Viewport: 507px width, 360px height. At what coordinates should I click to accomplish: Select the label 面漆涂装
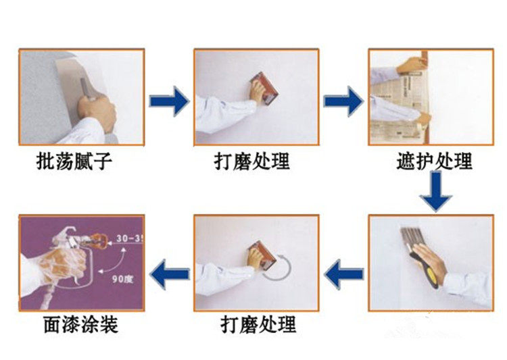[x=78, y=325]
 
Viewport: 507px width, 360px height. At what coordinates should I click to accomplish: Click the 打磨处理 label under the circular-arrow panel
[x=258, y=325]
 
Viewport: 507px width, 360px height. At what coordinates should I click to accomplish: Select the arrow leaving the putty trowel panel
[x=169, y=101]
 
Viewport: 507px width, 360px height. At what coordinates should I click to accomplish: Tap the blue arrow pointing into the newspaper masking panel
[x=343, y=101]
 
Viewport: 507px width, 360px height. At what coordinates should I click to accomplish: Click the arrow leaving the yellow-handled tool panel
[x=343, y=274]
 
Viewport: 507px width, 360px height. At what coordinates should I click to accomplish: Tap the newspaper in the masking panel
[x=392, y=101]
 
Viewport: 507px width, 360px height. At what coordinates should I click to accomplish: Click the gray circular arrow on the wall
[x=278, y=265]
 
